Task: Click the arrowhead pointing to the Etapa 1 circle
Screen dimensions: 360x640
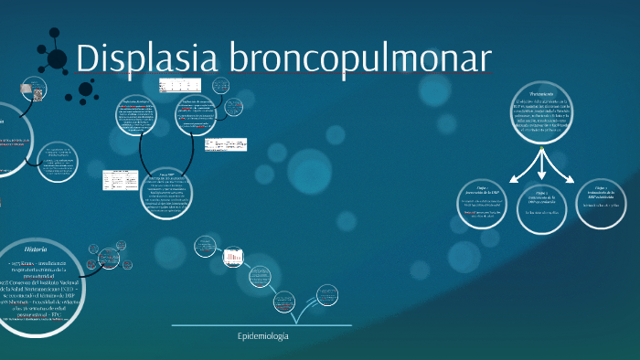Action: (x=513, y=178)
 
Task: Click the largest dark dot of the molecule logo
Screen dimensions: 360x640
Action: (x=57, y=59)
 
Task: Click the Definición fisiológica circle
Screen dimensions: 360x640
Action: (x=145, y=121)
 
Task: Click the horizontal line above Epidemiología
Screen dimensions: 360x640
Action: (x=261, y=325)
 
